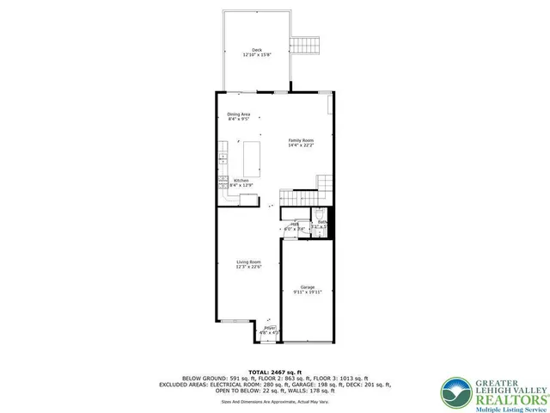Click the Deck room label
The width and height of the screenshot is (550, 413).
tap(257, 50)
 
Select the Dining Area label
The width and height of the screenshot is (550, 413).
tap(239, 114)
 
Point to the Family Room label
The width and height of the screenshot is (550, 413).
tap(301, 140)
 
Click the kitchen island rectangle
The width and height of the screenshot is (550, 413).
tap(253, 158)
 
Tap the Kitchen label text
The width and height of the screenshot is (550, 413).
tap(241, 181)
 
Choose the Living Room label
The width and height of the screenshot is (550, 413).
tap(248, 262)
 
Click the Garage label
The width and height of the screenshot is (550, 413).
tap(308, 287)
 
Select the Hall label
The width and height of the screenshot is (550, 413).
tap(294, 224)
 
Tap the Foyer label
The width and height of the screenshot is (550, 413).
tap(270, 328)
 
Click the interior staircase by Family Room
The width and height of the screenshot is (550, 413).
tap(325, 182)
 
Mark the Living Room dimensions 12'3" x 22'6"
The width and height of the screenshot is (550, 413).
tap(248, 267)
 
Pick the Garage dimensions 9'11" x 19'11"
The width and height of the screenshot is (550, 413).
tap(308, 292)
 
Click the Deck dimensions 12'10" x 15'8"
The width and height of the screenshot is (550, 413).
tap(257, 55)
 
